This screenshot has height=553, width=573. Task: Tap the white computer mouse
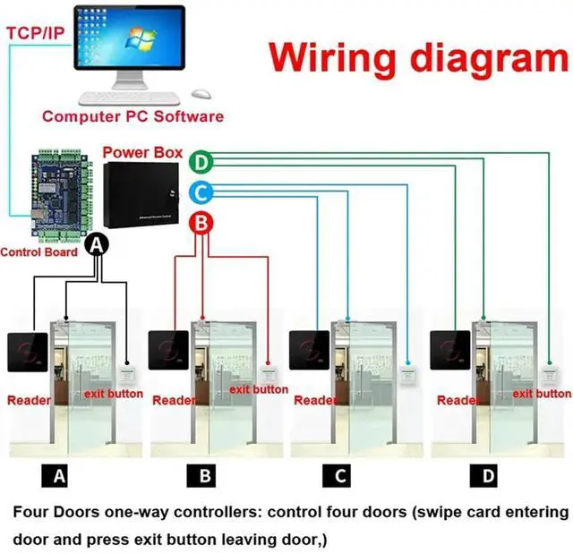pyautogui.click(x=201, y=94)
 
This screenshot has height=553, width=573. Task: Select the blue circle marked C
pyautogui.click(x=203, y=191)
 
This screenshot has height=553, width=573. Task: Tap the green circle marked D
pyautogui.click(x=203, y=162)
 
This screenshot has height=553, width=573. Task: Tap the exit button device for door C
pyautogui.click(x=407, y=370)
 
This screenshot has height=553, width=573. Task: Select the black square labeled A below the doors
pyautogui.click(x=60, y=475)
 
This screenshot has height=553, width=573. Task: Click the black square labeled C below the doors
pyautogui.click(x=341, y=475)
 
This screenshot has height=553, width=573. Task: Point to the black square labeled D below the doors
pyautogui.click(x=489, y=475)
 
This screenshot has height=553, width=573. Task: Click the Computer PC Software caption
pyautogui.click(x=133, y=116)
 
